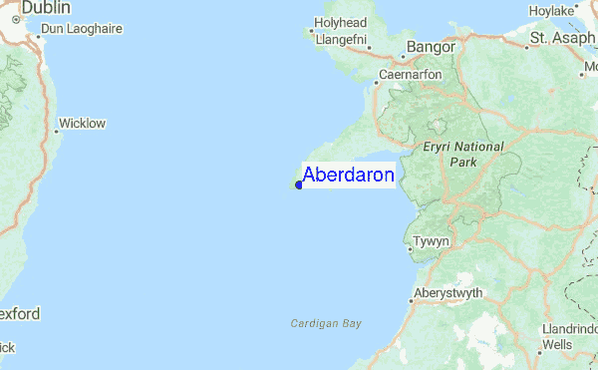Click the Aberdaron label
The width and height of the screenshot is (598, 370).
tap(348, 176)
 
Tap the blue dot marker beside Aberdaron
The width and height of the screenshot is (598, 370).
tap(299, 185)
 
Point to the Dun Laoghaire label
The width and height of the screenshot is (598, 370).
tap(85, 29)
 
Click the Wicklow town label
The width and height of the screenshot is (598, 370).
tap(83, 124)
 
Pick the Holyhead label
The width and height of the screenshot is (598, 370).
tap(341, 23)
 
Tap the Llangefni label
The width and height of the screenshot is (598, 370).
tap(341, 40)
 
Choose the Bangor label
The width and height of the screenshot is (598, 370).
tap(432, 46)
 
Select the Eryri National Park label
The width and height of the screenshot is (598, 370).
tap(463, 154)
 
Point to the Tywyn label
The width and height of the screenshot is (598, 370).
tap(433, 241)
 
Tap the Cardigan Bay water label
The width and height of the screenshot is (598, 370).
tap(326, 323)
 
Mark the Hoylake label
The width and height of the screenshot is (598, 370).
tap(552, 11)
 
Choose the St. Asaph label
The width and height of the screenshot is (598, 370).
tap(562, 38)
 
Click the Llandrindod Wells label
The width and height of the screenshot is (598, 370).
tap(571, 336)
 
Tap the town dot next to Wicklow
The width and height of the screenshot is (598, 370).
tap(56, 125)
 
